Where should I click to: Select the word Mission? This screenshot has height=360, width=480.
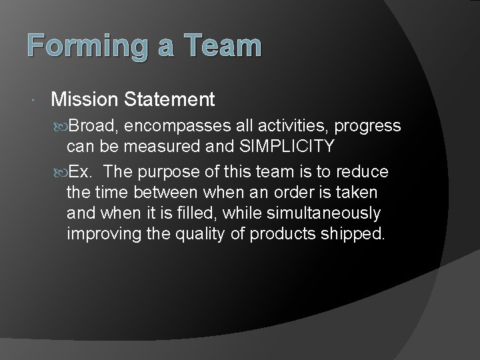[83, 100]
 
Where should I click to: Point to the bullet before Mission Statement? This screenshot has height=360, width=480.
[35, 101]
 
